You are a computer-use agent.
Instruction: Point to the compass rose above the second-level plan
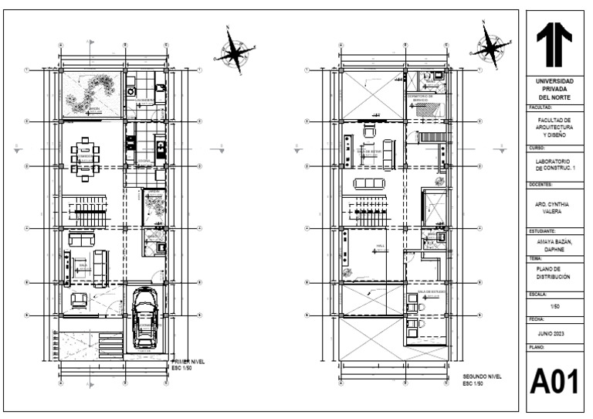click(x=490, y=46)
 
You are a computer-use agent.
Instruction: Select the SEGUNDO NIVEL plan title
click(x=482, y=377)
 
